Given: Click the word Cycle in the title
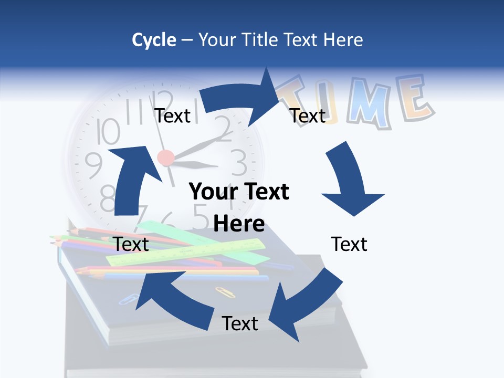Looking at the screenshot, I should (x=154, y=40).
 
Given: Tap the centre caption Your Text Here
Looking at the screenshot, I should (x=239, y=207).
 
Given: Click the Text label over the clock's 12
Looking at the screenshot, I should (x=172, y=115).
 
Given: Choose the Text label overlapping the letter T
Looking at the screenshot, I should (x=308, y=115).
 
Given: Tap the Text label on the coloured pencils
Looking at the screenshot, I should (x=131, y=244).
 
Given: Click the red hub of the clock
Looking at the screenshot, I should (x=166, y=156).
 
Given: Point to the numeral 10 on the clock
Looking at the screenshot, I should (x=109, y=131).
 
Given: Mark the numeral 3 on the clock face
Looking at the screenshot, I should (x=239, y=163).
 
